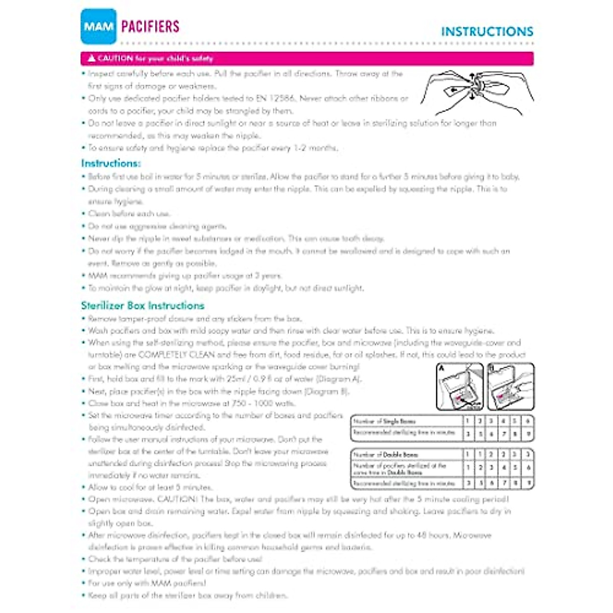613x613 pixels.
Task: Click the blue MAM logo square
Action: (98, 26)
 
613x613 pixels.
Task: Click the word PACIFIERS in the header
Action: (151, 27)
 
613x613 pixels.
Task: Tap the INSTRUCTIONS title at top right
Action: (487, 32)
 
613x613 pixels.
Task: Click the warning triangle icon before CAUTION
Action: (91, 58)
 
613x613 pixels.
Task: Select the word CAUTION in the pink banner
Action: (115, 58)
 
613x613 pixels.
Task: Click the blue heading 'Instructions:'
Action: (111, 163)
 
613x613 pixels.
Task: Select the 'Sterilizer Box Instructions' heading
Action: (143, 305)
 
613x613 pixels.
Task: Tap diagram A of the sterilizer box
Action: (459, 386)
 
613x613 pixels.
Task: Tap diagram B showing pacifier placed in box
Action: (511, 386)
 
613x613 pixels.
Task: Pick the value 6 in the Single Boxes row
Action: (528, 421)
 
